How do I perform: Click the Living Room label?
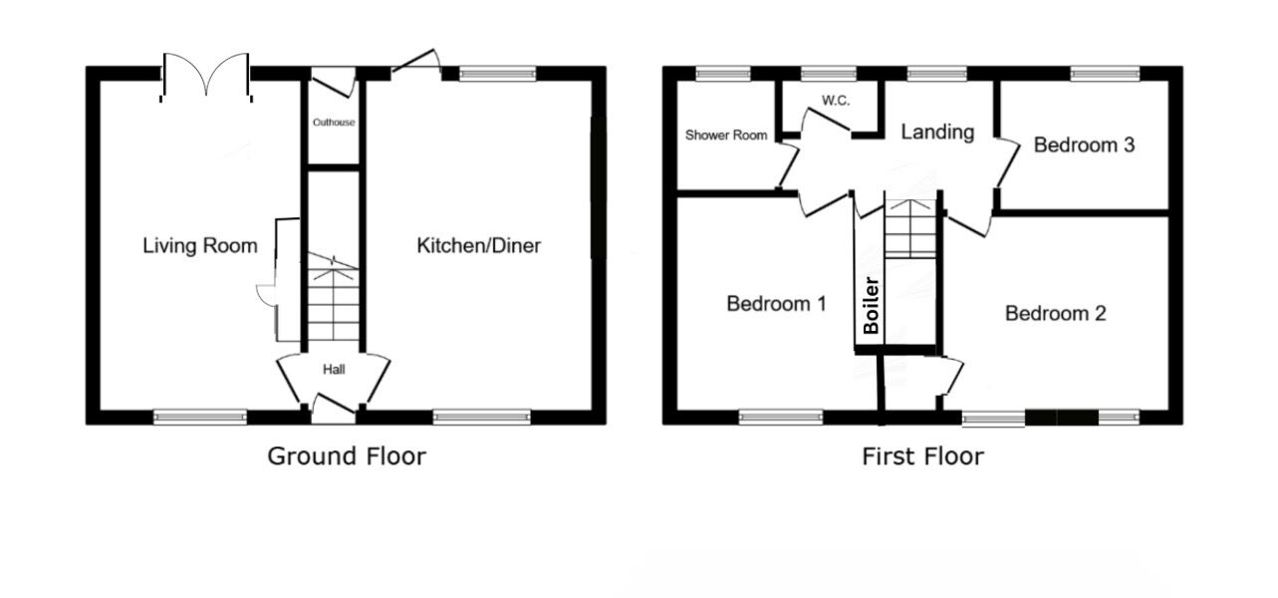point(199,245)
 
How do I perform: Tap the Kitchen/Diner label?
point(478,245)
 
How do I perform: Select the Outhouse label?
point(334,123)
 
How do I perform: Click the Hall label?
point(333,370)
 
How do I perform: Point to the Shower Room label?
point(726,135)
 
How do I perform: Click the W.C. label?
point(835,101)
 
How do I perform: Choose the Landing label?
point(937,133)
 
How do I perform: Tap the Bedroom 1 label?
point(776,304)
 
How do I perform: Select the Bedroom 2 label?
point(1055,314)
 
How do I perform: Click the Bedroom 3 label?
point(1084,146)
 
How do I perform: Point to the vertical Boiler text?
point(871,304)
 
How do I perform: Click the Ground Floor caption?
point(346,456)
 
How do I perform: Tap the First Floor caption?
point(922,456)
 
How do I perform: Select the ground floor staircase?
point(333,299)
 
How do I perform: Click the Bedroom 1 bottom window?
point(781,418)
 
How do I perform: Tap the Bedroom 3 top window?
point(1104,73)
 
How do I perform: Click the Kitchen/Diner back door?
point(417,62)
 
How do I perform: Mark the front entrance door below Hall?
point(333,405)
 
